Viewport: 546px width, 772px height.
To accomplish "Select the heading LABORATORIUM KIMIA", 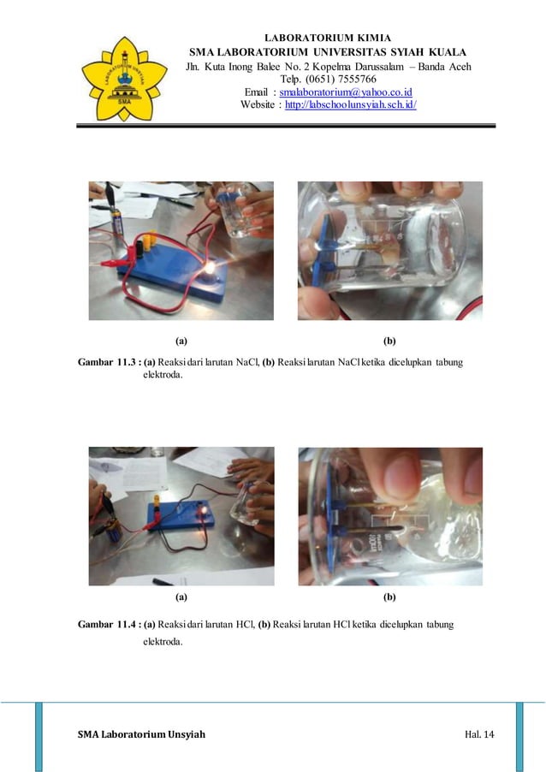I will pos(329,39).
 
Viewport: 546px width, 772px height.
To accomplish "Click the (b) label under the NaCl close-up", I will pos(389,340).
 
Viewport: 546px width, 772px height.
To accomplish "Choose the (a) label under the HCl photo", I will pos(181,596).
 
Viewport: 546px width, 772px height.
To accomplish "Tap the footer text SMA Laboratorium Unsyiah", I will pos(141,734).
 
